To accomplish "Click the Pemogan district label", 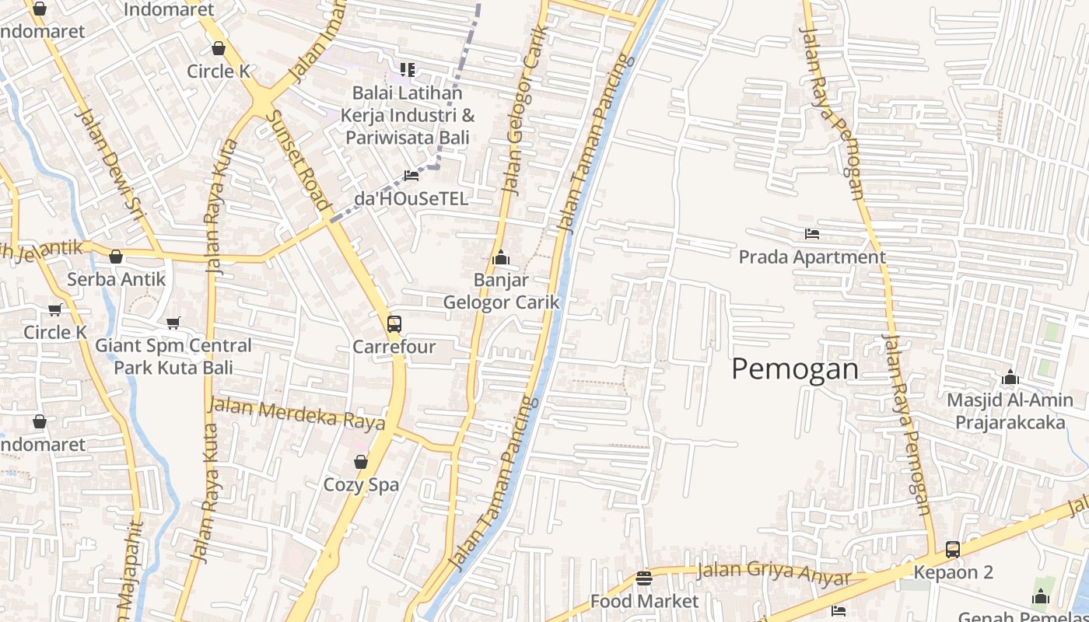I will (x=795, y=369).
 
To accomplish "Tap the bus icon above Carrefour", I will (x=394, y=323).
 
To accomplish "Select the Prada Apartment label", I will (x=812, y=257).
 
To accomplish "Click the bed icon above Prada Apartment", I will (x=812, y=233).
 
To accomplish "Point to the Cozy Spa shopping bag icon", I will (x=361, y=462).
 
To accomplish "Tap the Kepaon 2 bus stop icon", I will (x=953, y=550).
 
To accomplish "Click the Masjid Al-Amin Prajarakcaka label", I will (x=1010, y=411).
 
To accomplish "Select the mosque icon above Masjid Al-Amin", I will (x=1010, y=378).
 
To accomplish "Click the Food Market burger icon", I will (x=643, y=578).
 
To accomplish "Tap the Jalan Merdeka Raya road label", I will (x=297, y=413).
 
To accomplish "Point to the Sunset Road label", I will (x=299, y=159).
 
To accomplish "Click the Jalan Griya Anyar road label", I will (x=774, y=573).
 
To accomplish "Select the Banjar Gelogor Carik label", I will (x=501, y=291).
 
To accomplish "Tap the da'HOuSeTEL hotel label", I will (x=411, y=198).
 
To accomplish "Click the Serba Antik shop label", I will (x=116, y=278).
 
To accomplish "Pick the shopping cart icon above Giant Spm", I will (x=173, y=323).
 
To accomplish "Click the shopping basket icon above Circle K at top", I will (x=219, y=48).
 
